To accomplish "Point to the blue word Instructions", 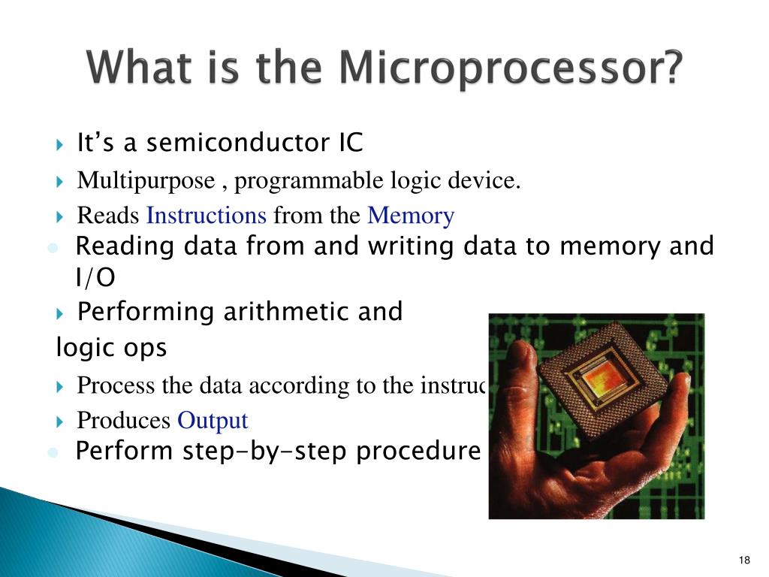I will click(x=207, y=216).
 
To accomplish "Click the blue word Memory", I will click(x=411, y=216).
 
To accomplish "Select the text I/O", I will click(x=95, y=279).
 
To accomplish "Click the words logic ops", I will click(x=112, y=349).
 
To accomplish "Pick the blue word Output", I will click(x=213, y=421).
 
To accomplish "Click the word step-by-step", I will click(x=267, y=452).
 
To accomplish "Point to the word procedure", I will click(x=418, y=452).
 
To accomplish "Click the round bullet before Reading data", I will click(x=53, y=248).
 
